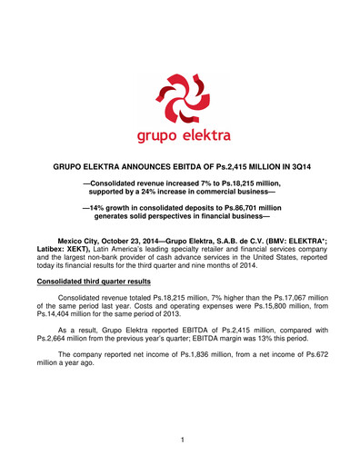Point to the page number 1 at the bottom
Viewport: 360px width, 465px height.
[x=181, y=439]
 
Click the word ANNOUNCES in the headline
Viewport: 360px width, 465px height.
[x=138, y=169]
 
